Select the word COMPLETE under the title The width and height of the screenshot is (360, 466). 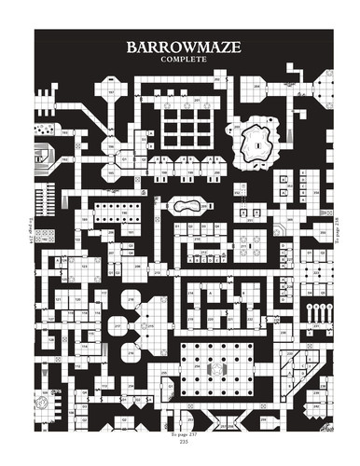[180, 61]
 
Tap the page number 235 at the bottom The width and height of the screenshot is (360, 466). [180, 441]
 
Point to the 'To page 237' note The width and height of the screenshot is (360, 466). [180, 433]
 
